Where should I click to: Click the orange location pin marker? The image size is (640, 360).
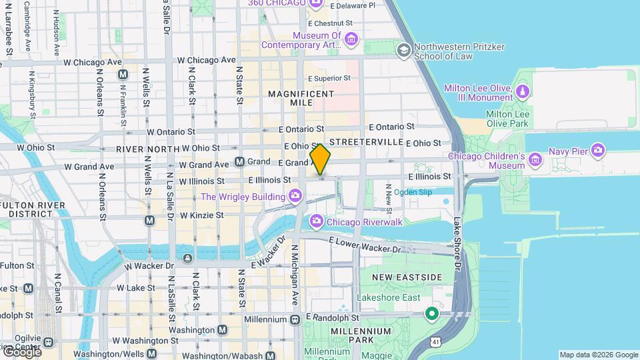320,159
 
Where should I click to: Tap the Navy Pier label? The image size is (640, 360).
567,151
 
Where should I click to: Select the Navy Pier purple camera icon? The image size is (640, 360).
598,151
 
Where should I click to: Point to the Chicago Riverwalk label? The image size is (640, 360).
365,221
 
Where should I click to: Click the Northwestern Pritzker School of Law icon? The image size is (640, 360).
403,51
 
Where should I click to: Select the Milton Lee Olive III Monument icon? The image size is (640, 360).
523,90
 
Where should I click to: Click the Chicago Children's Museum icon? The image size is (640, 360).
535,159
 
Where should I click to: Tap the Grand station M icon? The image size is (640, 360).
239,161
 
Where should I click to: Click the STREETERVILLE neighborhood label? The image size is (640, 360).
366,142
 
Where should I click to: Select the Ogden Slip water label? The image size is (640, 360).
413,192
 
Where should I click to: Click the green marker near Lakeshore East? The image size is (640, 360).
432,313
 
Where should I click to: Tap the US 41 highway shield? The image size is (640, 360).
435,342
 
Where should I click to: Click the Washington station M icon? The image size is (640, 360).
222,329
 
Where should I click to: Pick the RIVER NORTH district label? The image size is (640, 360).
147,149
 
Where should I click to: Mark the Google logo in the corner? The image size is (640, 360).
21,351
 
